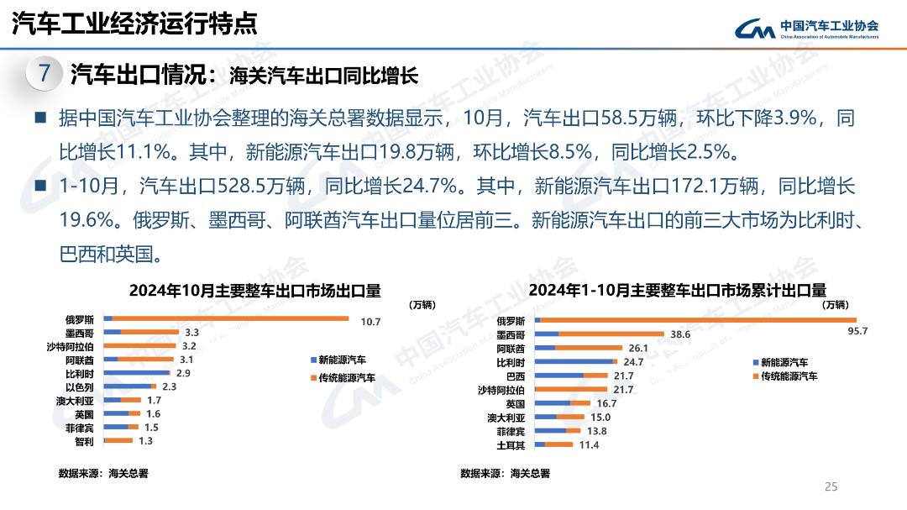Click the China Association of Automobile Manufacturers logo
(x=807, y=29)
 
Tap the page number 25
(x=831, y=486)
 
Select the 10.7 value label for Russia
(x=371, y=322)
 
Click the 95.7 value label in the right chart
(x=857, y=331)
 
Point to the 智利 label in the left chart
(x=84, y=440)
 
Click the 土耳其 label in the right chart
(x=511, y=444)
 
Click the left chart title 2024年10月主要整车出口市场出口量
(x=254, y=291)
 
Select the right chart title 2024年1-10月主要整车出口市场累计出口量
(x=678, y=290)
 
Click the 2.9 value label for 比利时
(x=183, y=372)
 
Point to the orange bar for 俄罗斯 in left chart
(x=230, y=318)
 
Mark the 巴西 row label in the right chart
(x=516, y=376)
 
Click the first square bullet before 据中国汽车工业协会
(x=39, y=118)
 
